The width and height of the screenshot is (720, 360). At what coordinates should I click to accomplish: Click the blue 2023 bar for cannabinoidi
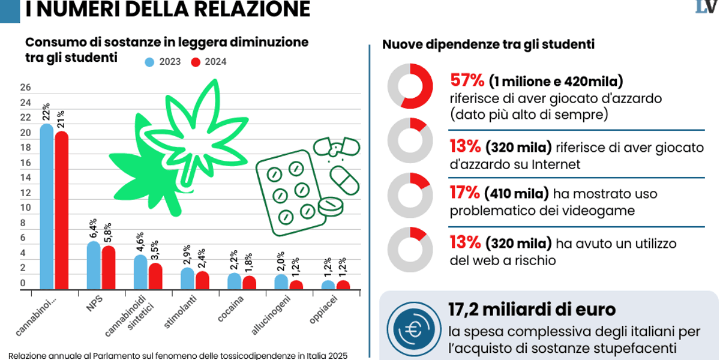[x=47, y=207]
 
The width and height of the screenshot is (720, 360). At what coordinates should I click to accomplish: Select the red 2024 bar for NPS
[x=108, y=268]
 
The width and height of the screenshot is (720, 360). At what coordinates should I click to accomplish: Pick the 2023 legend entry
[x=162, y=62]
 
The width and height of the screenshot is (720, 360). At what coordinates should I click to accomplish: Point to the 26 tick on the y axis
[x=25, y=88]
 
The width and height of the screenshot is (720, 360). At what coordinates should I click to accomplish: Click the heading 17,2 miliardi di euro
[x=532, y=310]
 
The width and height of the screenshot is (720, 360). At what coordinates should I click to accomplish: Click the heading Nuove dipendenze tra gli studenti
[x=488, y=45]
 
